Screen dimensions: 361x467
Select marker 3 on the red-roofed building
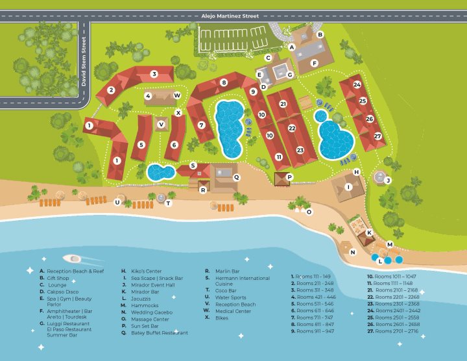[x=154, y=74]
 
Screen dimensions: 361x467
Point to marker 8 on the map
[x=224, y=82]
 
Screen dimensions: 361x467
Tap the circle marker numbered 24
[x=357, y=84]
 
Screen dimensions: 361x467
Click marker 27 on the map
[x=377, y=136]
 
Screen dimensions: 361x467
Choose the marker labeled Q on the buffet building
[x=236, y=177]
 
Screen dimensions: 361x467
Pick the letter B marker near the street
[x=320, y=34]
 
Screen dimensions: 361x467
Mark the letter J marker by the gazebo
[x=388, y=180]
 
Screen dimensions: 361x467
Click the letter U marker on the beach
[x=117, y=202]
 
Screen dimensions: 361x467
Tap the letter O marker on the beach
[x=309, y=212]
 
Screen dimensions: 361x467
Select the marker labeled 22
[x=292, y=129]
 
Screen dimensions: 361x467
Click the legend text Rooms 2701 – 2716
[x=396, y=331]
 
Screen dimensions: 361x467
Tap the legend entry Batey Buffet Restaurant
[x=159, y=333]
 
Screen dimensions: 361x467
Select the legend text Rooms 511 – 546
[x=315, y=303]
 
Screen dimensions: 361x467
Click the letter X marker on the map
[x=178, y=112]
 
